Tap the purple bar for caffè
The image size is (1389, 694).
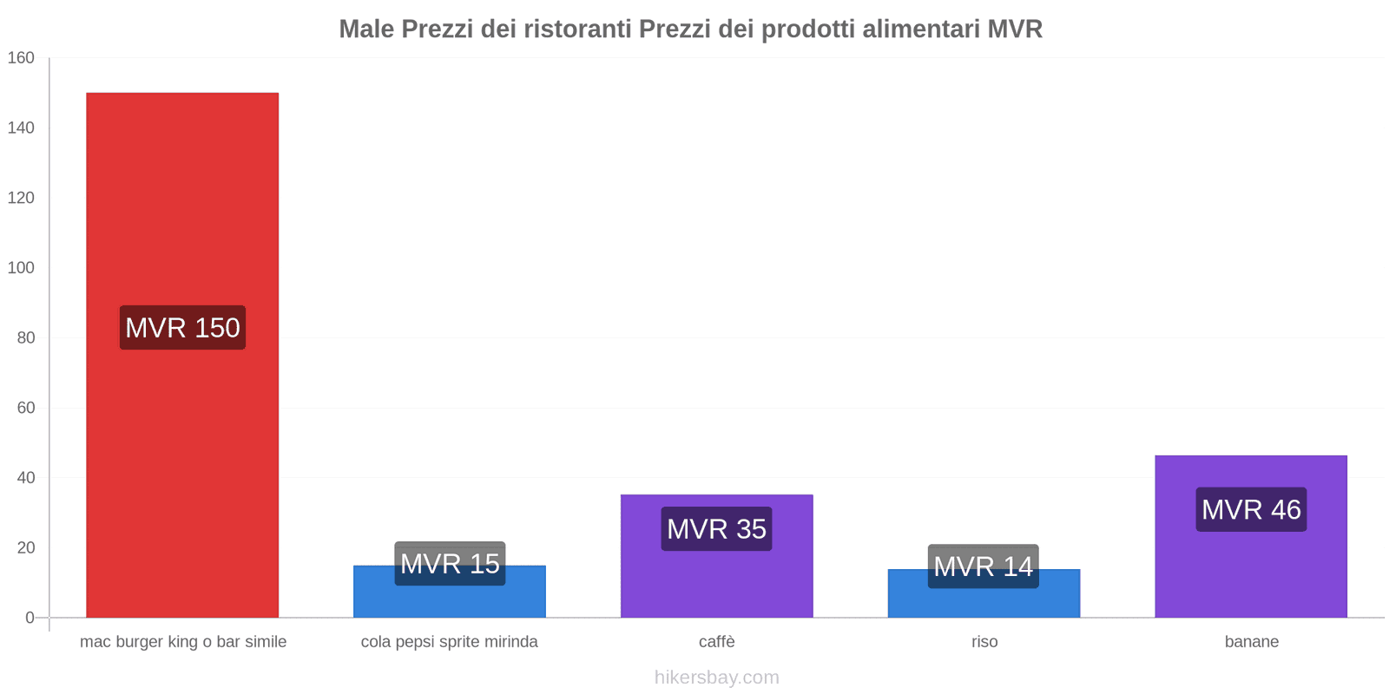click(x=717, y=581)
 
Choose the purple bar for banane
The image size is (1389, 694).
click(x=1251, y=573)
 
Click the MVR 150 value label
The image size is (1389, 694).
click(x=182, y=328)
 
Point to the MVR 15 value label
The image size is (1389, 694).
click(x=450, y=564)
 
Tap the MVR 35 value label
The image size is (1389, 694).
click(x=717, y=529)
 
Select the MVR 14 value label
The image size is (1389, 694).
click(x=984, y=566)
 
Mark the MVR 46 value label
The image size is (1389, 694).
click(x=1251, y=510)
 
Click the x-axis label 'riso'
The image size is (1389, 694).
click(x=984, y=642)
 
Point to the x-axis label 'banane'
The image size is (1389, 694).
click(x=1251, y=642)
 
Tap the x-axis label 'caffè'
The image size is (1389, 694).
click(x=717, y=642)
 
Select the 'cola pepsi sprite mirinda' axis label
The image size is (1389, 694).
click(x=450, y=642)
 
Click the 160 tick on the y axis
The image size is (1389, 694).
click(x=21, y=58)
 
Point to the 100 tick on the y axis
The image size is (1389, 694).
click(x=21, y=268)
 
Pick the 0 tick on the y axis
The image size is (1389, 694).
click(x=30, y=618)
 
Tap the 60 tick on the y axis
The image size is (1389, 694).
click(x=25, y=408)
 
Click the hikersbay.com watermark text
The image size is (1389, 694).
click(x=717, y=678)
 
